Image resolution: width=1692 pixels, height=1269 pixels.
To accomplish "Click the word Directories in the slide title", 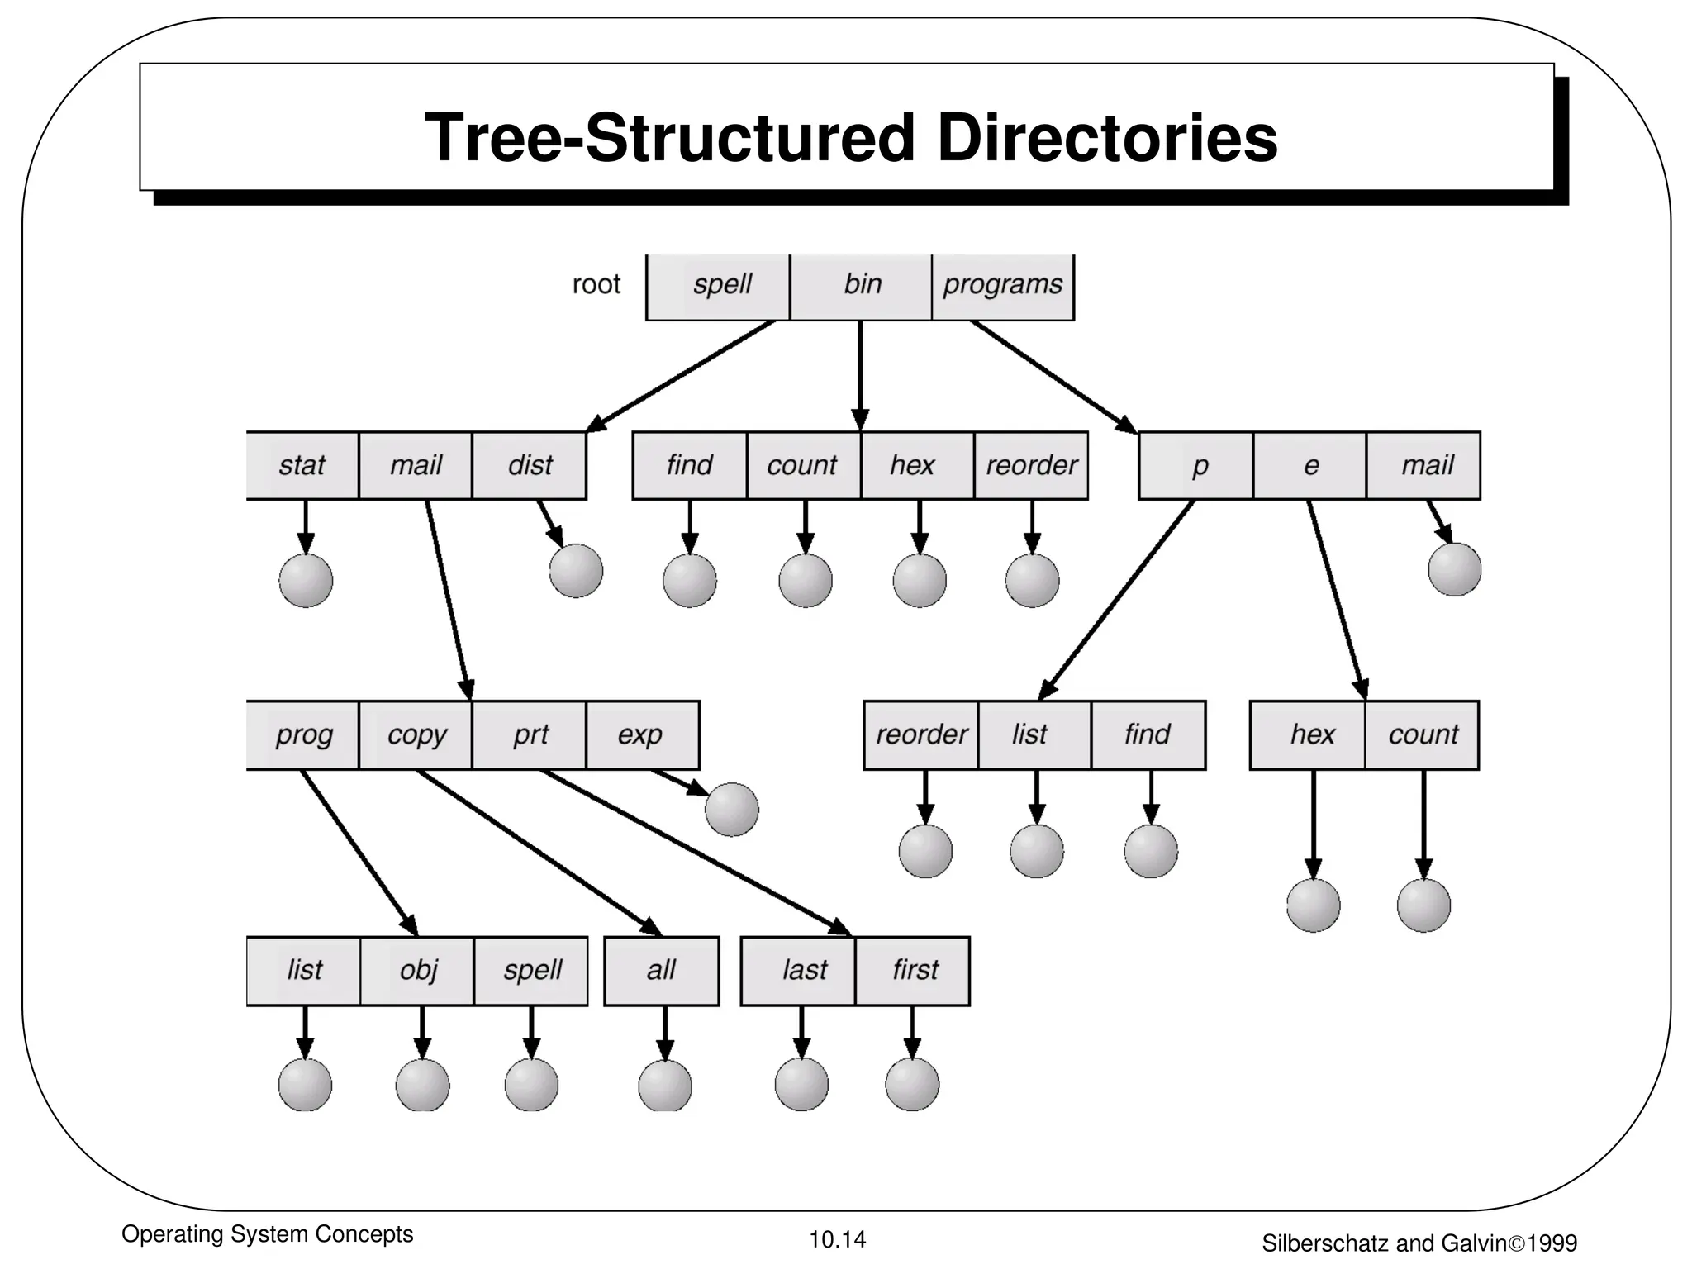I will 1106,138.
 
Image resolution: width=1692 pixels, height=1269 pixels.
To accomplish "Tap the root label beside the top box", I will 596,284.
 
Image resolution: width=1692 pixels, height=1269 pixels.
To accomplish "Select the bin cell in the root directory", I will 862,284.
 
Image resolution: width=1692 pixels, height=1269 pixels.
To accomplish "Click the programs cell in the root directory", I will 1003,284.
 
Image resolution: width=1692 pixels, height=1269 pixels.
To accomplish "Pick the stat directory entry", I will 302,465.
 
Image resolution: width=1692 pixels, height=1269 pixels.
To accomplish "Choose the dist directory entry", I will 530,465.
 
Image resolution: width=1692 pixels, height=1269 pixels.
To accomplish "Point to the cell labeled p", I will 1199,465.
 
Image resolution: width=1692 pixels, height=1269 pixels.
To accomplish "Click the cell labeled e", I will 1310,465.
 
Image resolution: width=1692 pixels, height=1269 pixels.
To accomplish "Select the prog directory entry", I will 304,734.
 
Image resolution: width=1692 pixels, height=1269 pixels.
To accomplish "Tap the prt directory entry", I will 530,734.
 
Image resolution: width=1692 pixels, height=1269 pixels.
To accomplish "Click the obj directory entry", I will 418,970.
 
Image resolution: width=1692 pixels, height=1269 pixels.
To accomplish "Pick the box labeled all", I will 662,970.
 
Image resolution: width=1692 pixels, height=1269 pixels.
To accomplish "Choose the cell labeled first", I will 915,970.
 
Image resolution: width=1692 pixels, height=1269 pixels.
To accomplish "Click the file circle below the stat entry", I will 306,581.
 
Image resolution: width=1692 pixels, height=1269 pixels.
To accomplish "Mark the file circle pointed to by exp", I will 731,810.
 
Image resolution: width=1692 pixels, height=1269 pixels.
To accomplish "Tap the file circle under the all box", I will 665,1085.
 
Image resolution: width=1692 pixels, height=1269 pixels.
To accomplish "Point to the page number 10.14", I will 837,1239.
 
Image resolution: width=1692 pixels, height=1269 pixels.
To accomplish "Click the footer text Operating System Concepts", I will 267,1234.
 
